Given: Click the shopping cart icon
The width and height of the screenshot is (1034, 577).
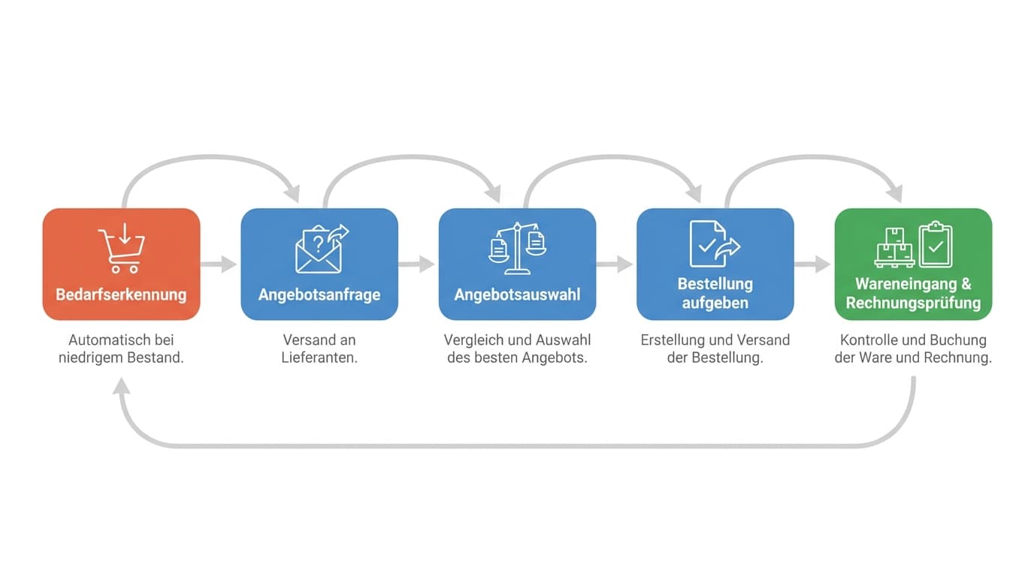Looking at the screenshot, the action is point(122,249).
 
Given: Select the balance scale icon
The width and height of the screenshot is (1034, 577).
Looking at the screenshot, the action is point(517,249).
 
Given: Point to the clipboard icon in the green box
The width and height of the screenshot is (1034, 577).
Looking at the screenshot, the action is point(936,245).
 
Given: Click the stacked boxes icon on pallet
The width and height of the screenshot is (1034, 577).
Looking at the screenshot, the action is point(894,248).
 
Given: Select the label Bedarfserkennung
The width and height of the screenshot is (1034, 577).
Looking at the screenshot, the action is point(122,295).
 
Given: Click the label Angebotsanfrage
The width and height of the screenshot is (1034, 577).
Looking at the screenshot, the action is point(319,295).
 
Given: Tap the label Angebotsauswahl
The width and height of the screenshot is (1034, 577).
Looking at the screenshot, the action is point(517,295).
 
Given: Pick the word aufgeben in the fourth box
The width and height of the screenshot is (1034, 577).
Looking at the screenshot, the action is point(715,304).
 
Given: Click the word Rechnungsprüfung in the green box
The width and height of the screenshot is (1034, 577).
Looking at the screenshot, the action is point(913,304).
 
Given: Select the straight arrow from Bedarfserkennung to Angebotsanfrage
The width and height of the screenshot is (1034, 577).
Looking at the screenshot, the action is point(219,264).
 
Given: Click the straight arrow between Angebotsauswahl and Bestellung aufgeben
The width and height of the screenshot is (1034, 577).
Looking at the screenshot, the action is point(615,264).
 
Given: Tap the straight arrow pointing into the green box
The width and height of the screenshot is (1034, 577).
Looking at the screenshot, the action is point(812,264).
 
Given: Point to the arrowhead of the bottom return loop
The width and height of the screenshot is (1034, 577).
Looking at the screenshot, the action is point(122,386).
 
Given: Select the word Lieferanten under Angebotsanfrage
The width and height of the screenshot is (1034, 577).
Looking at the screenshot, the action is point(319,358).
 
